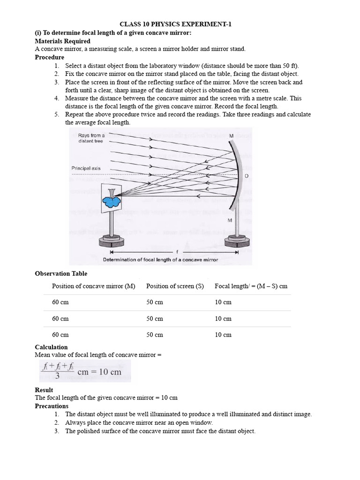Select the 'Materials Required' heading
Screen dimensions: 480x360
coord(60,41)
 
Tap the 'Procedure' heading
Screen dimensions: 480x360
coord(49,57)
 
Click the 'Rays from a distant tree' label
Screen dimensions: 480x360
coord(91,138)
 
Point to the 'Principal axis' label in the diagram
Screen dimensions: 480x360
coord(86,168)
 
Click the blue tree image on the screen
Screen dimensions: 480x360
coord(111,200)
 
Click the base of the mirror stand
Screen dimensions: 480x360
coord(238,242)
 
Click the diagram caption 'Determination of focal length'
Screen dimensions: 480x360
coord(160,260)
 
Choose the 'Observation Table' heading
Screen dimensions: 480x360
coord(61,274)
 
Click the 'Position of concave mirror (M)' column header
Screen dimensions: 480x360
coord(93,286)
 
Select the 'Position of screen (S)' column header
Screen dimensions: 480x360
coord(175,286)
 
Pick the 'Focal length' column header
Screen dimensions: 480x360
coord(251,286)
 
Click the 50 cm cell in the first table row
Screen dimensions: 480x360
coord(155,302)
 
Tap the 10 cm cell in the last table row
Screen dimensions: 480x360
coord(223,335)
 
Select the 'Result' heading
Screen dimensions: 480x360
coord(44,390)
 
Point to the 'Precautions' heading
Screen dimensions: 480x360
coord(52,406)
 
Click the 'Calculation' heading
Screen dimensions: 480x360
coord(51,347)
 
